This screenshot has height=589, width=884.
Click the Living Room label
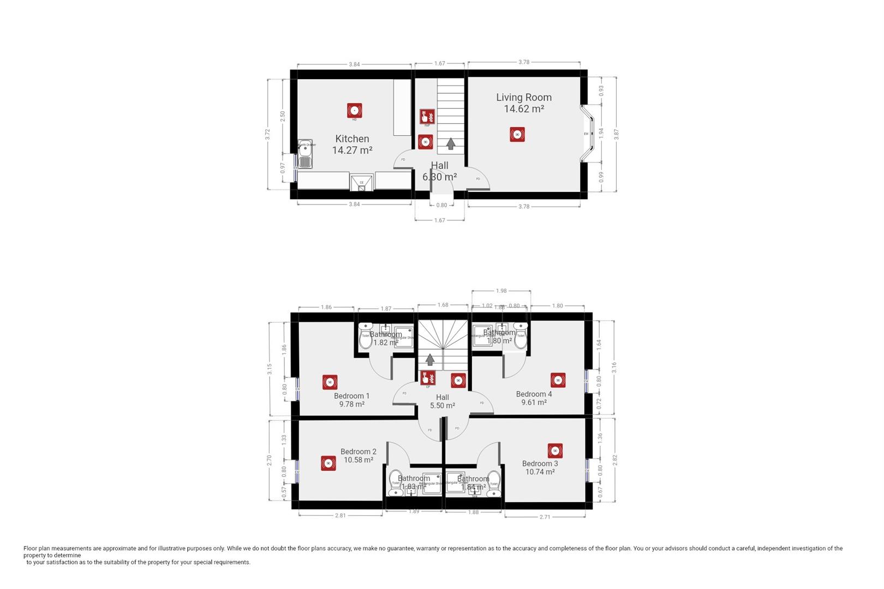[x=523, y=98]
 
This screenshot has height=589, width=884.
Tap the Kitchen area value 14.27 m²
[x=352, y=150]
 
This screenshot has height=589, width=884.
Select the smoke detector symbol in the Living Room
[x=517, y=134]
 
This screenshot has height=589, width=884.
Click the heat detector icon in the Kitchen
[x=355, y=111]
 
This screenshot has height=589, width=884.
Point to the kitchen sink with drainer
[x=305, y=154]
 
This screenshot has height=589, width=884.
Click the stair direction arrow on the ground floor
[x=451, y=143]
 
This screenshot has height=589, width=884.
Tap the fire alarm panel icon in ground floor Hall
[x=427, y=116]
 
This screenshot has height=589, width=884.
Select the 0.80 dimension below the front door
[x=441, y=205]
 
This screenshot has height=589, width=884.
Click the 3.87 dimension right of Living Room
[x=617, y=134]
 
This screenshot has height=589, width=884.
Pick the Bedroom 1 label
[x=351, y=396]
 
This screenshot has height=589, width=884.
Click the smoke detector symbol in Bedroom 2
[x=328, y=463]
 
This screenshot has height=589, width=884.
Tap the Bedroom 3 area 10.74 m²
[x=540, y=472]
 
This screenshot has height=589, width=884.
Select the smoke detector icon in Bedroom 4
[x=558, y=380]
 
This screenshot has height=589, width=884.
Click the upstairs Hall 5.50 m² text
[x=442, y=406]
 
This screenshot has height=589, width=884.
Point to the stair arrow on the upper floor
[x=430, y=359]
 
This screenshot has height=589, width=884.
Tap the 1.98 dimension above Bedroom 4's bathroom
[x=501, y=291]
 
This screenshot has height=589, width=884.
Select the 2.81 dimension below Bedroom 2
[x=340, y=515]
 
